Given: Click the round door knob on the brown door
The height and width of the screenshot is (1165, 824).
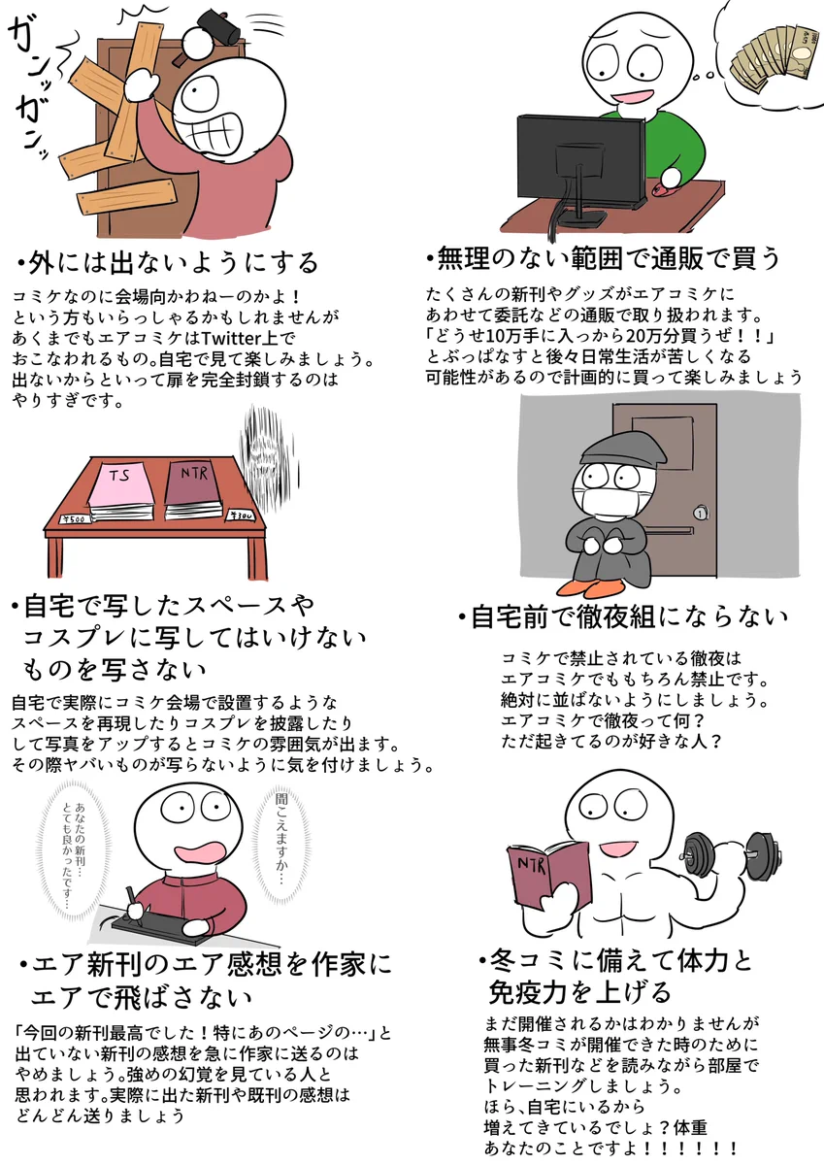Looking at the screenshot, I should [701, 512].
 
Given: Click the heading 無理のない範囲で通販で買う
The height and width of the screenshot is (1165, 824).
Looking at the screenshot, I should [602, 259].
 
